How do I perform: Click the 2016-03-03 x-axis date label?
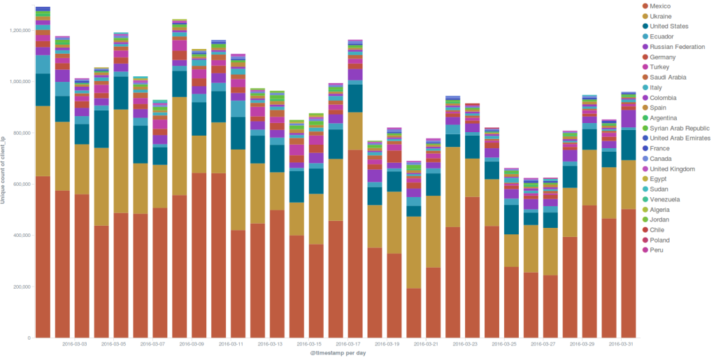pos(75,344)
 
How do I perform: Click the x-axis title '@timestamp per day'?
pos(338,354)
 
